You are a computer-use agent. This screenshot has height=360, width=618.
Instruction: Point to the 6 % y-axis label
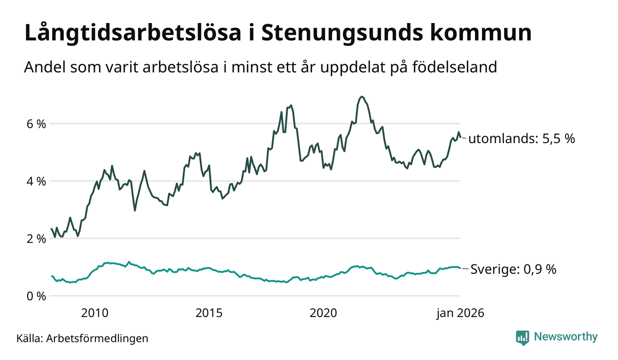coord(35,124)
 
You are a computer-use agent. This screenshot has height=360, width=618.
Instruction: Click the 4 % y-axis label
coord(35,181)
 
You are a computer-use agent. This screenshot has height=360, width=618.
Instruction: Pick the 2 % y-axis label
coord(35,239)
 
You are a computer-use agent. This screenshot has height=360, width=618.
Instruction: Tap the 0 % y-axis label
coord(35,296)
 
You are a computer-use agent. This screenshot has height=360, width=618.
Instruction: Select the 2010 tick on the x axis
coord(95,313)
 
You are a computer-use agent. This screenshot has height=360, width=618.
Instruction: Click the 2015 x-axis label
coord(209,313)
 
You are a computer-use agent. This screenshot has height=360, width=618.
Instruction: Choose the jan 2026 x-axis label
coord(460,313)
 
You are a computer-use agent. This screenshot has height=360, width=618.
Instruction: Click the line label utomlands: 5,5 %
coord(522,138)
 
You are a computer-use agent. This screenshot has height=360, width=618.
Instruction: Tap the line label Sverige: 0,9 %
coord(513,270)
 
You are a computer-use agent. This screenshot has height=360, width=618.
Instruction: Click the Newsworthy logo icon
coord(523,337)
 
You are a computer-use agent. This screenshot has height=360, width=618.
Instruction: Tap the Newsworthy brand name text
coord(565,337)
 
